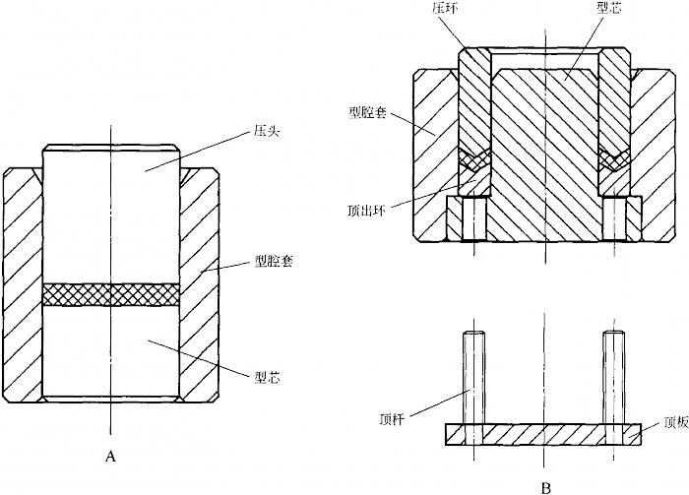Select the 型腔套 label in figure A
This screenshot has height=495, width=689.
click(x=274, y=262)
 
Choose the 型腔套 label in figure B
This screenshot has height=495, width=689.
click(x=367, y=113)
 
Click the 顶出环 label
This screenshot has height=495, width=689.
click(x=366, y=212)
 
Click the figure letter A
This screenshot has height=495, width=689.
click(x=110, y=457)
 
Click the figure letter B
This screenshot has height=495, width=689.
click(x=545, y=487)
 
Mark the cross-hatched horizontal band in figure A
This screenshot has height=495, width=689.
click(x=111, y=294)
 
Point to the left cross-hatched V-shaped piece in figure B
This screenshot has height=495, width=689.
click(x=474, y=159)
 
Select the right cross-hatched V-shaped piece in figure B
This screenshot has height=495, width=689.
click(x=614, y=159)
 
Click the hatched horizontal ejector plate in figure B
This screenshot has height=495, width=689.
click(x=543, y=434)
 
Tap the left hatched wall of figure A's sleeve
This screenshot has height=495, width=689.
click(x=22, y=284)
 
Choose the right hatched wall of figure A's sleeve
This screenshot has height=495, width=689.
click(x=200, y=284)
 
